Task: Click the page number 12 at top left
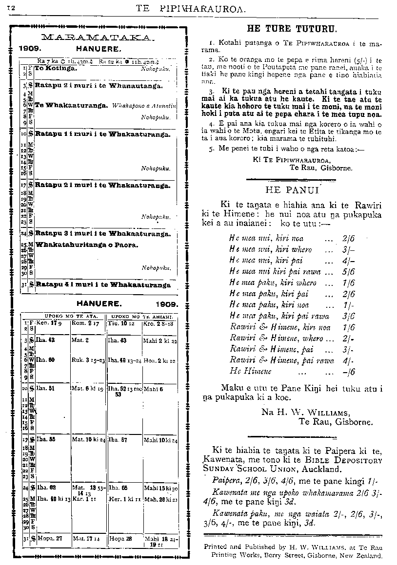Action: tap(10, 8)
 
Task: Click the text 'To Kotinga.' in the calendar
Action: tap(56, 69)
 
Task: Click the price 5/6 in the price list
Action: tap(348, 271)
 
